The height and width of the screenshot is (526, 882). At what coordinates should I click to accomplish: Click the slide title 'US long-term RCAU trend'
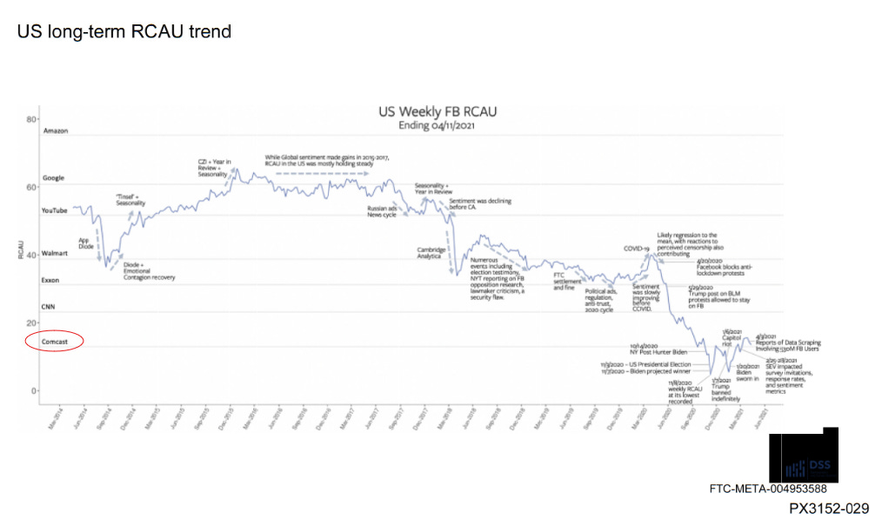point(124,32)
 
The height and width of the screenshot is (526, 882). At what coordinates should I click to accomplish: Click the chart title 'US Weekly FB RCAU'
point(437,111)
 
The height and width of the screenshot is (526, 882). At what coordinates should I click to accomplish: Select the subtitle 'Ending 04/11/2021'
point(437,125)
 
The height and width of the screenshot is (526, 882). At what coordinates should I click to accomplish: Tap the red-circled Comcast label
point(55,342)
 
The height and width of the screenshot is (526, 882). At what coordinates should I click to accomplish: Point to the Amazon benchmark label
point(56,130)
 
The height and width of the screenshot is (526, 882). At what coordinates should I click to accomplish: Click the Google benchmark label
point(54,178)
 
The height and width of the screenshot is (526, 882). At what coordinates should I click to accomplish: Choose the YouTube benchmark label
point(55,210)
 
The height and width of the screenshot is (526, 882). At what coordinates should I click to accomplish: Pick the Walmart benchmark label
point(55,253)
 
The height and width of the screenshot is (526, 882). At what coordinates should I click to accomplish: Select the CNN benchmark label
point(50,308)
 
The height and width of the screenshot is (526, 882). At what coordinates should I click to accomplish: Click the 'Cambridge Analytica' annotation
point(431,253)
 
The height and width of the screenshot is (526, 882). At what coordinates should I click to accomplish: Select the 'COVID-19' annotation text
point(637,249)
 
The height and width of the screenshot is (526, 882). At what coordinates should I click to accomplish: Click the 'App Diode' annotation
point(85,243)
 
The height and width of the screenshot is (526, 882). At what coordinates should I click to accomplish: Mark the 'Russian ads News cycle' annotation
point(382,211)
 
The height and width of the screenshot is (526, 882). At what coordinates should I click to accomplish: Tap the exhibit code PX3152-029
point(828,509)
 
